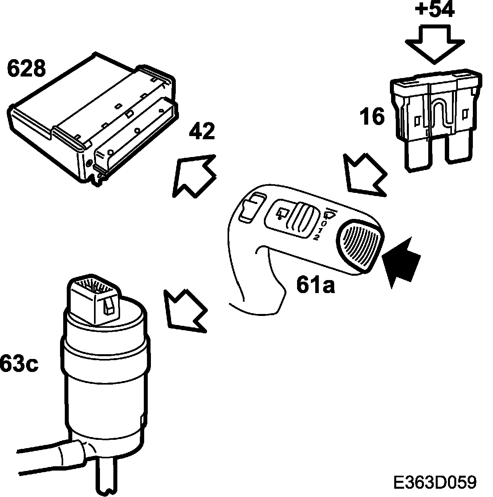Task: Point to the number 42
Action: pyautogui.click(x=201, y=131)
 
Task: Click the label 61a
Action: pyautogui.click(x=316, y=285)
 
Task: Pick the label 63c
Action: pyautogui.click(x=19, y=364)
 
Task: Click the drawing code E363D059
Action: pyautogui.click(x=435, y=482)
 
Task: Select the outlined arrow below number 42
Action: pyautogui.click(x=194, y=175)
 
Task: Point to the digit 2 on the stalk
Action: pyautogui.click(x=316, y=237)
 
